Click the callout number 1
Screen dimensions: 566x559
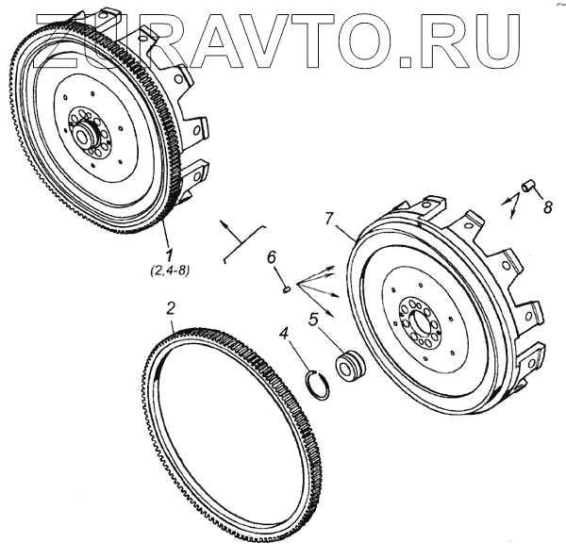[169, 255]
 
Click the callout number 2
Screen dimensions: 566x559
[170, 307]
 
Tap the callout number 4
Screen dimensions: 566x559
[283, 332]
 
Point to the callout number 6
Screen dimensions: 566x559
[270, 257]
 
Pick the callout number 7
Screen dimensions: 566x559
[328, 220]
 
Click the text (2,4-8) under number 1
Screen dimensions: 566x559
[169, 272]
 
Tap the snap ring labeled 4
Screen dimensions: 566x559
[321, 383]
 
